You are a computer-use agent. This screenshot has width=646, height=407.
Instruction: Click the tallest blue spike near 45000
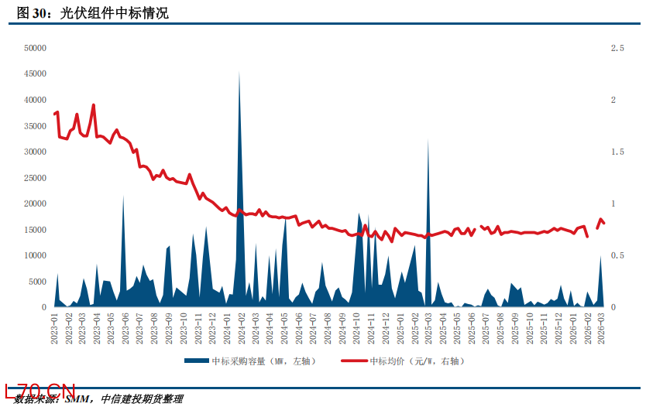239,73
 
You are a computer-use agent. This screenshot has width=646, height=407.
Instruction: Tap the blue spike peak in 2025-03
428,140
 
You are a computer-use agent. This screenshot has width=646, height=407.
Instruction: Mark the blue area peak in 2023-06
123,197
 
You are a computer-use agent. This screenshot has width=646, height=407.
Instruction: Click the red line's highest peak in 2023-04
94,105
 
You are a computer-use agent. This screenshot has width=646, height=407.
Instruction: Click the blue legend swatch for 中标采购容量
197,361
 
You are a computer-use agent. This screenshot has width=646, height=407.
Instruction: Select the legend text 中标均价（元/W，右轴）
417,361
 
